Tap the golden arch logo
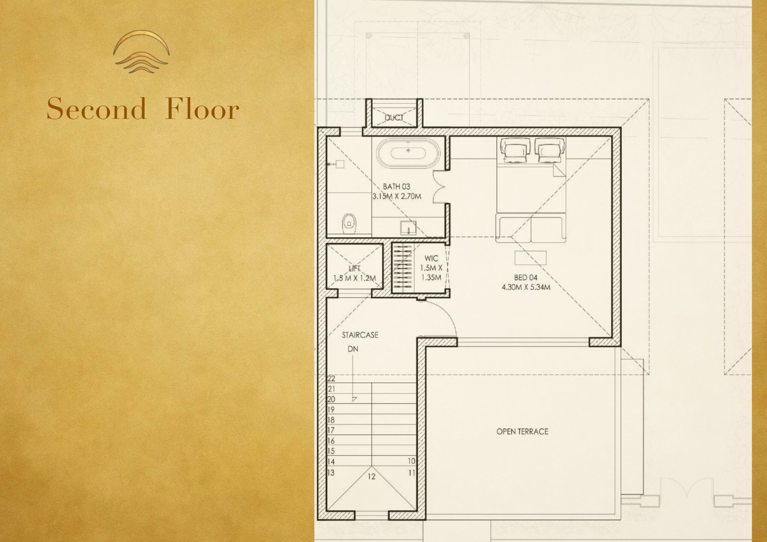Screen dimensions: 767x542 141,52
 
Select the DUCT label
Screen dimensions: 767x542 394,118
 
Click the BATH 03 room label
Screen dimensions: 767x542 396,186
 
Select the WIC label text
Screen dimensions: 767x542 431,258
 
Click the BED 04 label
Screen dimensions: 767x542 526,277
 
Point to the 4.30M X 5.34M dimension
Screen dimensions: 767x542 526,287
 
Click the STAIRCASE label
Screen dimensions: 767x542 360,335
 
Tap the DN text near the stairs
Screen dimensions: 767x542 353,349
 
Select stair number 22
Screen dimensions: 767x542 331,379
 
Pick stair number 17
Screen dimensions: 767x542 331,430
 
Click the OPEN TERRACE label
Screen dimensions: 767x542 523,431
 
